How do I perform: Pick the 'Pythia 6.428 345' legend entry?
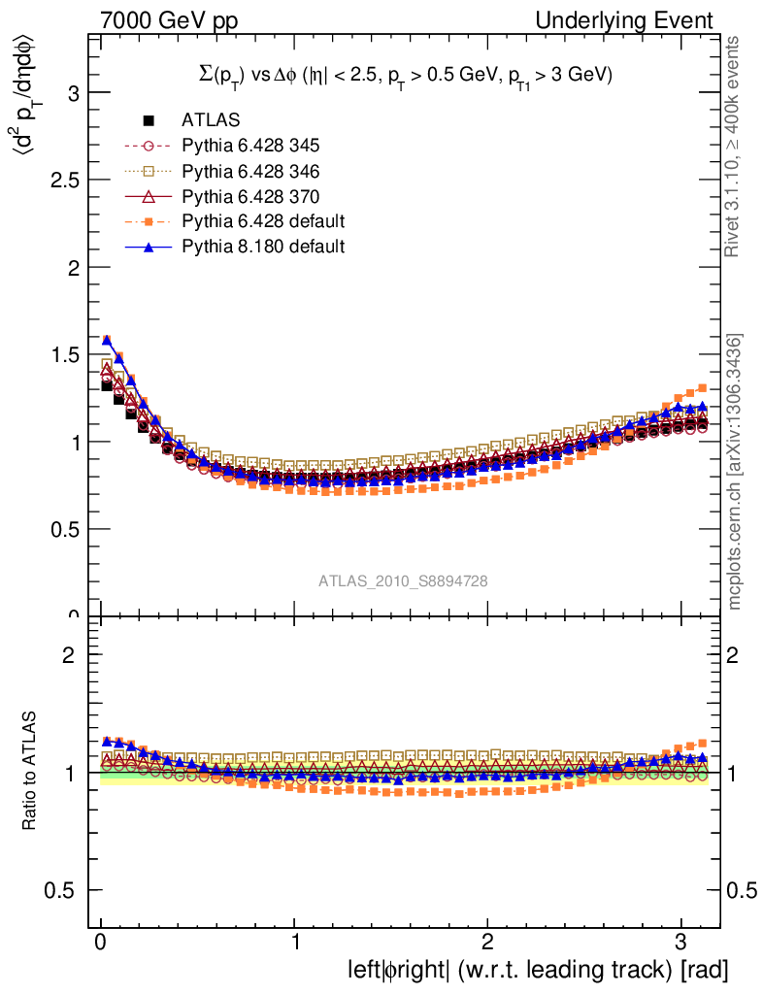tap(250, 146)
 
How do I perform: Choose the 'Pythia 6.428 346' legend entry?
tap(250, 171)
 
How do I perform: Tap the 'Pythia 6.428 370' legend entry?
tap(250, 196)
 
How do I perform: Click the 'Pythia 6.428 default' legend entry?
tap(263, 221)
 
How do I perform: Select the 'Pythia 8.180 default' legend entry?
tap(263, 247)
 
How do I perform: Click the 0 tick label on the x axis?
tap(101, 944)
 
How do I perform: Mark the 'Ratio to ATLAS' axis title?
tap(29, 771)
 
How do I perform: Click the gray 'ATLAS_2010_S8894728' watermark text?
tap(403, 580)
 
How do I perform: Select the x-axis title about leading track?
tap(538, 970)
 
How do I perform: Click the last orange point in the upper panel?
tap(702, 387)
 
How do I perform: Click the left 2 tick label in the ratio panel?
tap(70, 655)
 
